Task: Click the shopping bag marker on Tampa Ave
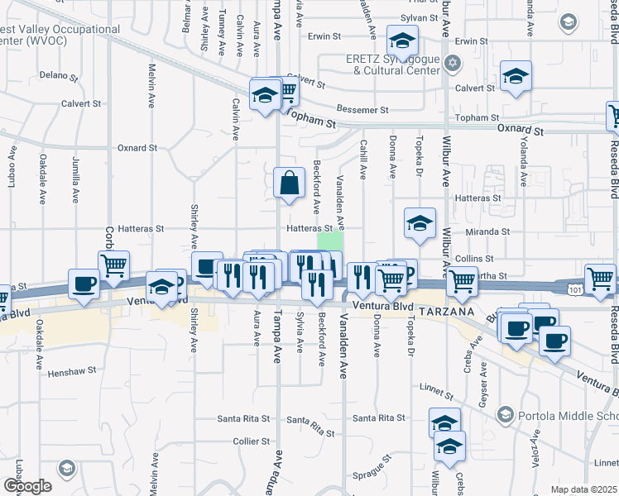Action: tap(288, 183)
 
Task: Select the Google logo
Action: tap(27, 486)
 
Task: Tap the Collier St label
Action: tap(247, 441)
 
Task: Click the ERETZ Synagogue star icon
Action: tap(452, 63)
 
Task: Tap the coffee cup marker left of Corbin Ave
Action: tap(84, 284)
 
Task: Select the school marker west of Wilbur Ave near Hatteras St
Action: tap(420, 223)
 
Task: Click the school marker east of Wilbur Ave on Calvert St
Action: tap(516, 79)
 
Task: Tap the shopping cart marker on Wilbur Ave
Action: tap(462, 283)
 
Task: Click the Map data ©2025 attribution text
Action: tap(583, 489)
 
